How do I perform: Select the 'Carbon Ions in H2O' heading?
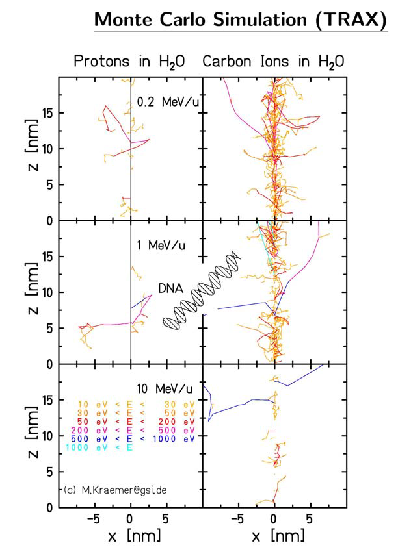pyautogui.click(x=274, y=62)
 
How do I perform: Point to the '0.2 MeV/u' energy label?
pyautogui.click(x=163, y=102)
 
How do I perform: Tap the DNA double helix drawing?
pyautogui.click(x=202, y=291)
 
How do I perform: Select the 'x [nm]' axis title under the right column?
pyautogui.click(x=274, y=536)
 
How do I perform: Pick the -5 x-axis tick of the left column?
pyautogui.click(x=92, y=519)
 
